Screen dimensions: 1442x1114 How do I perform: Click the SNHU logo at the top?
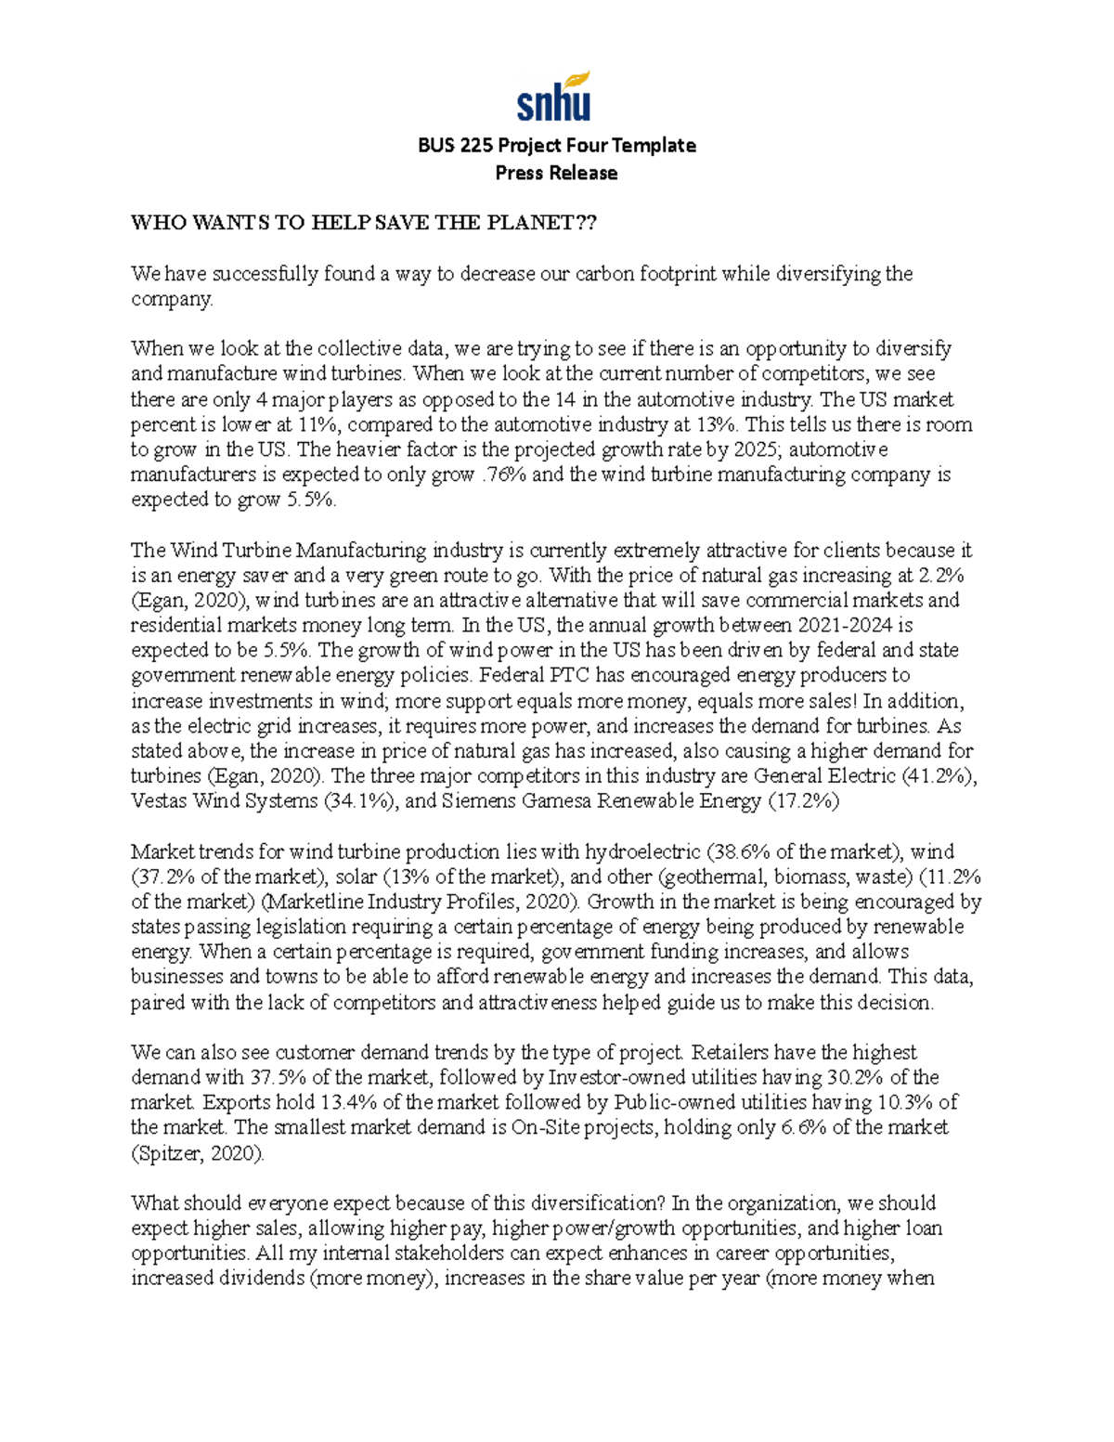pyautogui.click(x=553, y=97)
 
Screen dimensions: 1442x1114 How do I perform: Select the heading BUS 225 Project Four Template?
pyautogui.click(x=556, y=145)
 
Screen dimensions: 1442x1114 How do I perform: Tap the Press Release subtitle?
pyautogui.click(x=556, y=173)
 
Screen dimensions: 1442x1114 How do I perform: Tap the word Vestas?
pyautogui.click(x=159, y=800)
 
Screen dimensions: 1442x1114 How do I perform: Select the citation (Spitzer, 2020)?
pyautogui.click(x=198, y=1153)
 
